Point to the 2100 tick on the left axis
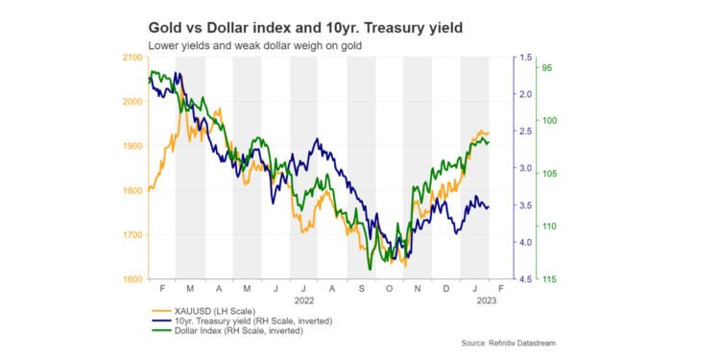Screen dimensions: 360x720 pyautogui.click(x=132, y=58)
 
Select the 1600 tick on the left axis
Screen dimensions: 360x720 pyautogui.click(x=132, y=279)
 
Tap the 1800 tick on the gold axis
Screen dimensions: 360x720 pyautogui.click(x=132, y=191)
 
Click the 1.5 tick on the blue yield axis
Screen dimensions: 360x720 pyautogui.click(x=525, y=58)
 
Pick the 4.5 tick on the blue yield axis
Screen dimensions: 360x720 pyautogui.click(x=525, y=279)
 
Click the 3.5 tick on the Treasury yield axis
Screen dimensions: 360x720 pyautogui.click(x=525, y=205)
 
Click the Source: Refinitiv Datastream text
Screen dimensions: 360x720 pyautogui.click(x=508, y=343)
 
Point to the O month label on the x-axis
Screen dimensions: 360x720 pyautogui.click(x=389, y=288)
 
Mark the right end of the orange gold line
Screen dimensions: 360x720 pyautogui.click(x=489, y=132)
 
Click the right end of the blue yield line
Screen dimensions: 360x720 pyautogui.click(x=489, y=206)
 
